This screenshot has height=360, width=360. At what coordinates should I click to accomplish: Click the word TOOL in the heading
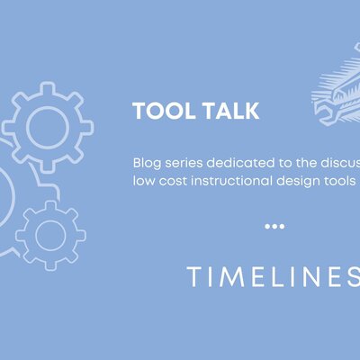point(157,111)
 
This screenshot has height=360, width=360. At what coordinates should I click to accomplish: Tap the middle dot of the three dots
point(274,226)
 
